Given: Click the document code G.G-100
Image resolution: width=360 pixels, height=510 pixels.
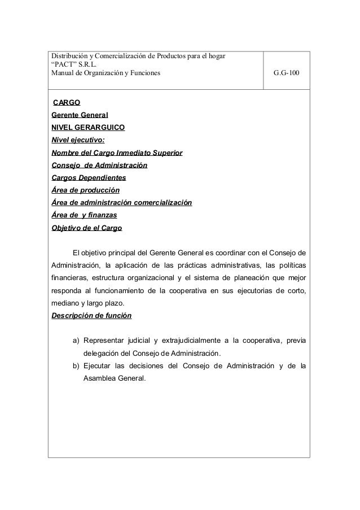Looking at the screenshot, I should pos(287,73).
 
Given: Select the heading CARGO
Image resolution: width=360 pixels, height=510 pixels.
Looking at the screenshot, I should pos(66,103).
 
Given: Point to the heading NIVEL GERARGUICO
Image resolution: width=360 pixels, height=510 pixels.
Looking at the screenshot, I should pos(89,128).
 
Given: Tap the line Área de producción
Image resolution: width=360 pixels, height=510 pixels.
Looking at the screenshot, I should pos(85,190).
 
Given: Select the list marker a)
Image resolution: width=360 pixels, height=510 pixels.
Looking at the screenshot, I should pos(76,341).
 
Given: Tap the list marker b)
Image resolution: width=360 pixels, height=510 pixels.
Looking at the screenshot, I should pos(76,366).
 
